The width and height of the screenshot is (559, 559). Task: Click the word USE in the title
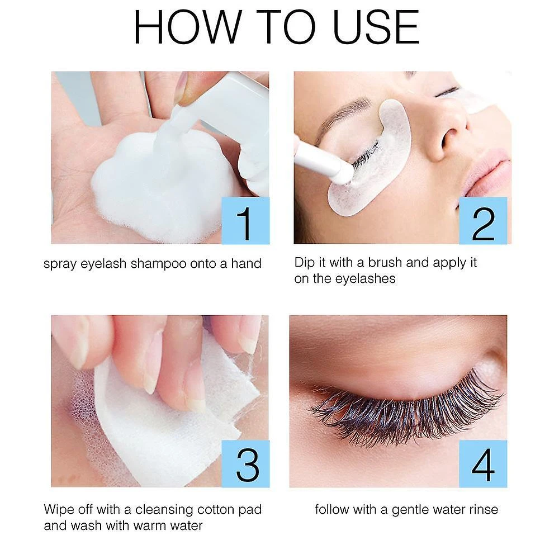376,27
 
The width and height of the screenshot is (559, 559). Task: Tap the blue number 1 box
245,221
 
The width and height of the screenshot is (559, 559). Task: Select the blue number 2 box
483,221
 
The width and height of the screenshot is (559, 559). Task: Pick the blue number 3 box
245,464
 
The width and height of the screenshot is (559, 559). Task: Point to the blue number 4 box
483,464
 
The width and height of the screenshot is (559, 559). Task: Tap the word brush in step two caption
385,262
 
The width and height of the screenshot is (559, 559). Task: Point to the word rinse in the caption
484,509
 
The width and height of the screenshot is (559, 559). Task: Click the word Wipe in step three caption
59,509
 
